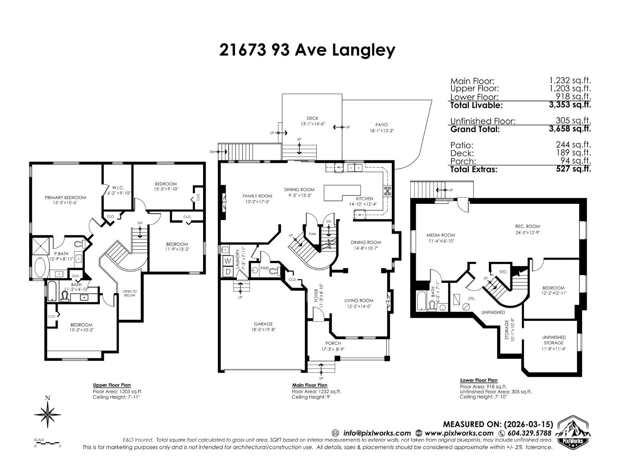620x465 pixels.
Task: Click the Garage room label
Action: (x=263, y=324)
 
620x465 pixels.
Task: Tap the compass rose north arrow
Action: (x=48, y=414)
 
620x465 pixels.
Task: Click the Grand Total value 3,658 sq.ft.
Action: (x=570, y=129)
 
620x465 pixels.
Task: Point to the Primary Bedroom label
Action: (x=65, y=198)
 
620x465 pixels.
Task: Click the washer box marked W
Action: (x=227, y=261)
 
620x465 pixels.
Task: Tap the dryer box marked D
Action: (x=227, y=272)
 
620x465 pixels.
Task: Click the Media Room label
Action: (x=441, y=235)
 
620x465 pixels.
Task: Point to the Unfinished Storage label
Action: (x=554, y=340)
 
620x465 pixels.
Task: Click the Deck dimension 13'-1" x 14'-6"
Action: (x=312, y=124)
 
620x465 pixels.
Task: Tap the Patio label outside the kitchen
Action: (x=381, y=125)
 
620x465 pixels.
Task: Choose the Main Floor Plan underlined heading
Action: (x=310, y=385)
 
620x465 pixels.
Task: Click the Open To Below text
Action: (x=130, y=293)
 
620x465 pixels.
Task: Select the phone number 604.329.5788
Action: (x=529, y=433)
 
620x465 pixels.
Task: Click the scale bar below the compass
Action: (x=47, y=443)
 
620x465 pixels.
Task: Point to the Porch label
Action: (x=333, y=343)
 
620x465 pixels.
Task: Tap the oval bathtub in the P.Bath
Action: (x=40, y=267)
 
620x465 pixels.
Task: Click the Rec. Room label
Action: (x=527, y=226)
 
